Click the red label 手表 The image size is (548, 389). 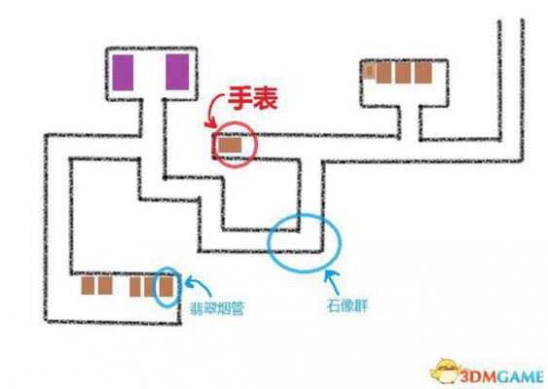253,98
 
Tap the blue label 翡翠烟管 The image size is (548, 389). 216,308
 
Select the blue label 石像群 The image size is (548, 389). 347,306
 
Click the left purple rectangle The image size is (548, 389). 123,72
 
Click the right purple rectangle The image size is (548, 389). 177,72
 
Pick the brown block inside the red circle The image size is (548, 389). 230,145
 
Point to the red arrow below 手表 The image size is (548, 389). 212,111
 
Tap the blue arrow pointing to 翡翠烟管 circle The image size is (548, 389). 200,285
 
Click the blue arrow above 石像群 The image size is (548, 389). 332,282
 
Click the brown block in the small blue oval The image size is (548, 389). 166,286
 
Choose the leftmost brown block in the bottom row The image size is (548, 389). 88,286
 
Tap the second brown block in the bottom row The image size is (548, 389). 105,286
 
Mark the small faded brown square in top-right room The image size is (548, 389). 369,71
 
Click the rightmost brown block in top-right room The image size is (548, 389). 423,73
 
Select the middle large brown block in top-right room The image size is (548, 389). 403,73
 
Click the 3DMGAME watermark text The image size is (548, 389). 502,377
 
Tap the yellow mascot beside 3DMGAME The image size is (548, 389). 445,372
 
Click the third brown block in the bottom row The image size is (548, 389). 135,287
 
